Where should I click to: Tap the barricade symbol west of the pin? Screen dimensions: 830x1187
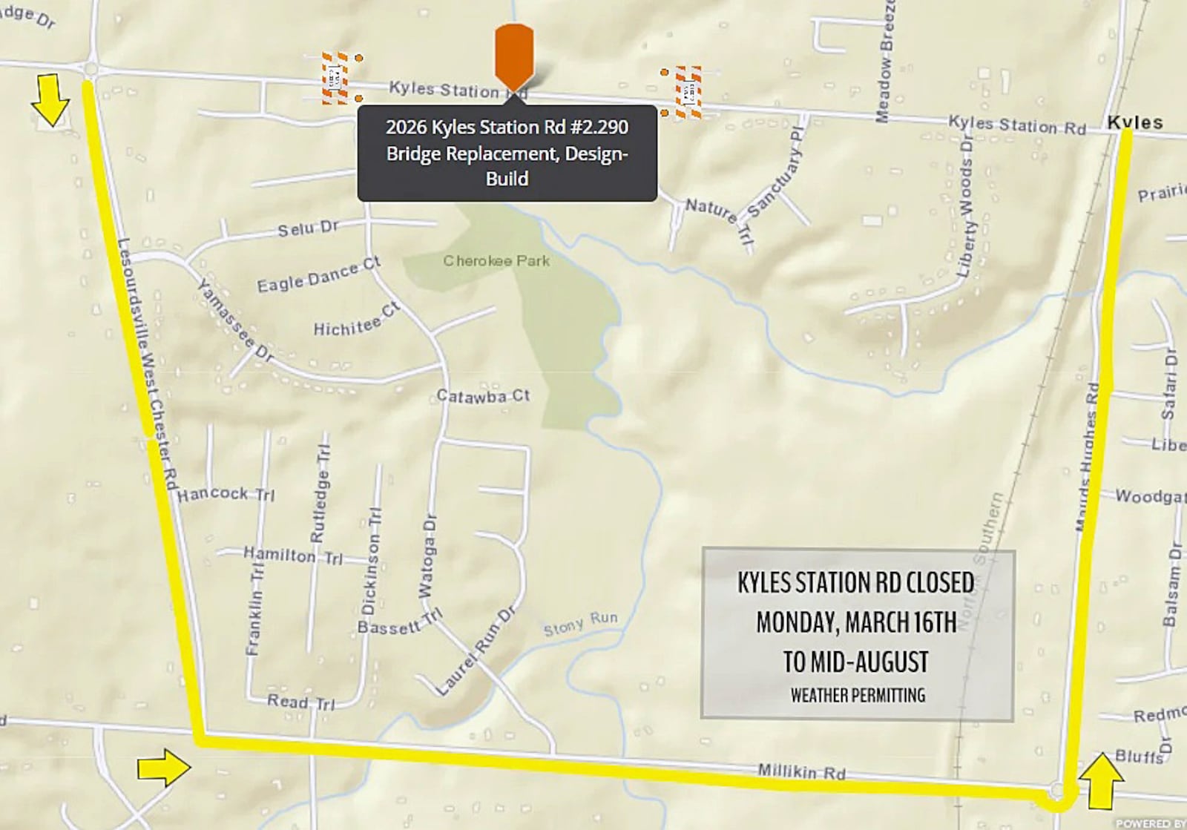(x=335, y=77)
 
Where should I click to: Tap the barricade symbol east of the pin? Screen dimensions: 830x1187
(x=688, y=92)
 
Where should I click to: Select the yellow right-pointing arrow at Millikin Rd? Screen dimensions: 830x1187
(x=163, y=767)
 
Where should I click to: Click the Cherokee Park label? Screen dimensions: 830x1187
(x=496, y=261)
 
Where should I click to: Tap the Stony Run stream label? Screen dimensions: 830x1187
(x=580, y=624)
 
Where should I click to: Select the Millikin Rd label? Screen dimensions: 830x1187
(x=801, y=771)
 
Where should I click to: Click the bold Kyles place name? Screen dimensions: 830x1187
(x=1134, y=122)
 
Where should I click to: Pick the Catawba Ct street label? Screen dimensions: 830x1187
(x=483, y=396)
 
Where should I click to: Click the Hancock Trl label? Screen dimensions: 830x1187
(x=226, y=494)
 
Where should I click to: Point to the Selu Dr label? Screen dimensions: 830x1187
(x=308, y=229)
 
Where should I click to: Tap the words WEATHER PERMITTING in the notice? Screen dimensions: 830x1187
(x=858, y=695)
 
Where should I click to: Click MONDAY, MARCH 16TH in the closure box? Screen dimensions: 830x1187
(x=856, y=622)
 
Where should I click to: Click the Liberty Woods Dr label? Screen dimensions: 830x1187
(x=965, y=207)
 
